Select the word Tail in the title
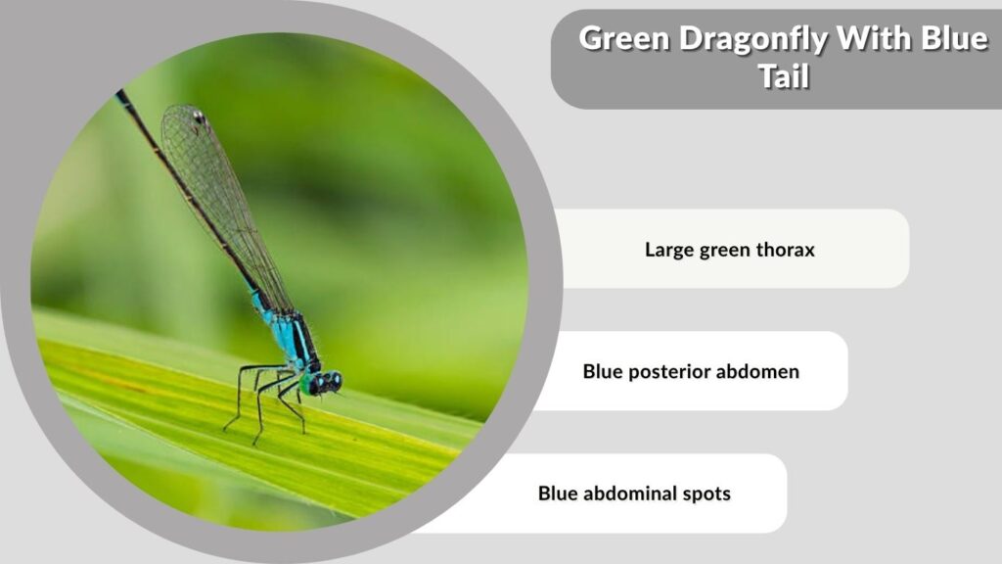[x=784, y=76]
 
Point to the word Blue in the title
[x=954, y=38]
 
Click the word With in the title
[x=874, y=38]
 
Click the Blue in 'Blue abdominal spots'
[x=557, y=493]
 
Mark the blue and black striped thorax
[x=293, y=338]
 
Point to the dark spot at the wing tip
[x=199, y=117]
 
